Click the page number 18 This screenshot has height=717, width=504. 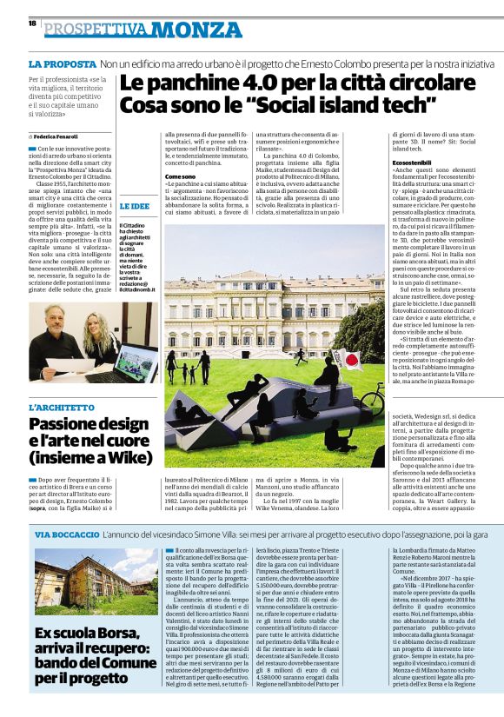click(31, 23)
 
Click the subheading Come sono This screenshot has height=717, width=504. click(180, 176)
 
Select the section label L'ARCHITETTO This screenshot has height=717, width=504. click(63, 407)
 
